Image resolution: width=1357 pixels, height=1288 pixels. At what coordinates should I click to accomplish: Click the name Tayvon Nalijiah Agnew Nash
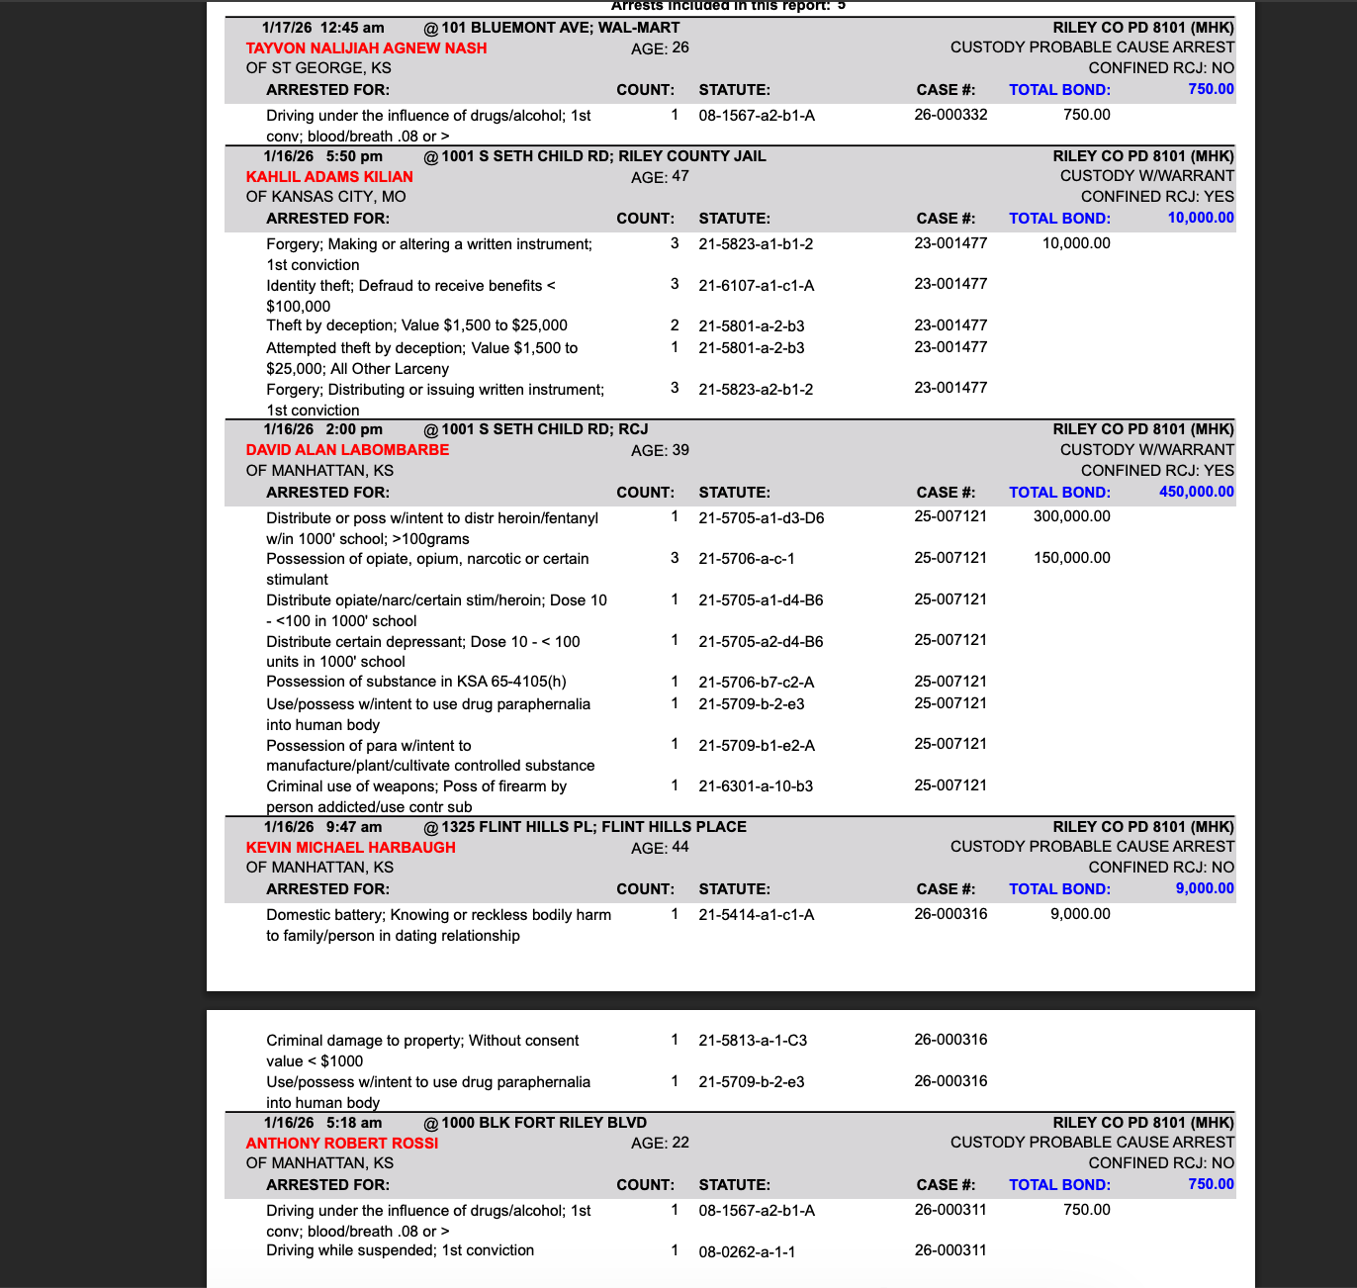(x=366, y=48)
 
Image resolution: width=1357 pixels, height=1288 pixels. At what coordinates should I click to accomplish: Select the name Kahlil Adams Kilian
(x=329, y=177)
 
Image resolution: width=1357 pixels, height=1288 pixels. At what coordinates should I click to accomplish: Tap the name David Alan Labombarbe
(x=347, y=450)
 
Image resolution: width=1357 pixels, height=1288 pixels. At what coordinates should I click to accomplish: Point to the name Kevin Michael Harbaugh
(x=350, y=848)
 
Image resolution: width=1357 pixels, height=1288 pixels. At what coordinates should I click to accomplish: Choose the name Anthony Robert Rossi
(x=341, y=1144)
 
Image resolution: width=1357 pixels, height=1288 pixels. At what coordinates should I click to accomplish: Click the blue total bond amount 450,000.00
(x=1196, y=492)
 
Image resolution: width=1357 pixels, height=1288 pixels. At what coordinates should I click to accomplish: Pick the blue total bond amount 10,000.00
(x=1200, y=218)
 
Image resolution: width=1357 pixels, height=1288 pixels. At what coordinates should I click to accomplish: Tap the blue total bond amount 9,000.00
(x=1204, y=888)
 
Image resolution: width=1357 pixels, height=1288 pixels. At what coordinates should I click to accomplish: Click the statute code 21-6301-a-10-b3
(x=756, y=786)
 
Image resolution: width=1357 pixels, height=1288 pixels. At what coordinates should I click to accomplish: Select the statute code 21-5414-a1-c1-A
(x=756, y=915)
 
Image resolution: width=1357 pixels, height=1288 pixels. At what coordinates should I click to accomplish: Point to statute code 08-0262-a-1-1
(x=747, y=1251)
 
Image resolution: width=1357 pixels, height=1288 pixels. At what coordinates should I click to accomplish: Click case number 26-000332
(x=950, y=115)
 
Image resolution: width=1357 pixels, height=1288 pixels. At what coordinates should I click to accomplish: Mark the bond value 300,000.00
(x=1071, y=516)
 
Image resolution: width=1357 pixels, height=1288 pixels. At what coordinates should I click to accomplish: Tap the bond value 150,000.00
(x=1071, y=558)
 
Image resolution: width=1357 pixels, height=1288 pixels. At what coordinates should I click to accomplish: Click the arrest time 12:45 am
(x=352, y=28)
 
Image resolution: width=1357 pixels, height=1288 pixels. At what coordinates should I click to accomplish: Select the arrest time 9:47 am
(x=353, y=827)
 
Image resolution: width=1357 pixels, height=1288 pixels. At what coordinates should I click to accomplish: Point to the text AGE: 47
(x=660, y=177)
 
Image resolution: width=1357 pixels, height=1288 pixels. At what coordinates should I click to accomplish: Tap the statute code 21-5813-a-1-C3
(x=753, y=1041)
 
